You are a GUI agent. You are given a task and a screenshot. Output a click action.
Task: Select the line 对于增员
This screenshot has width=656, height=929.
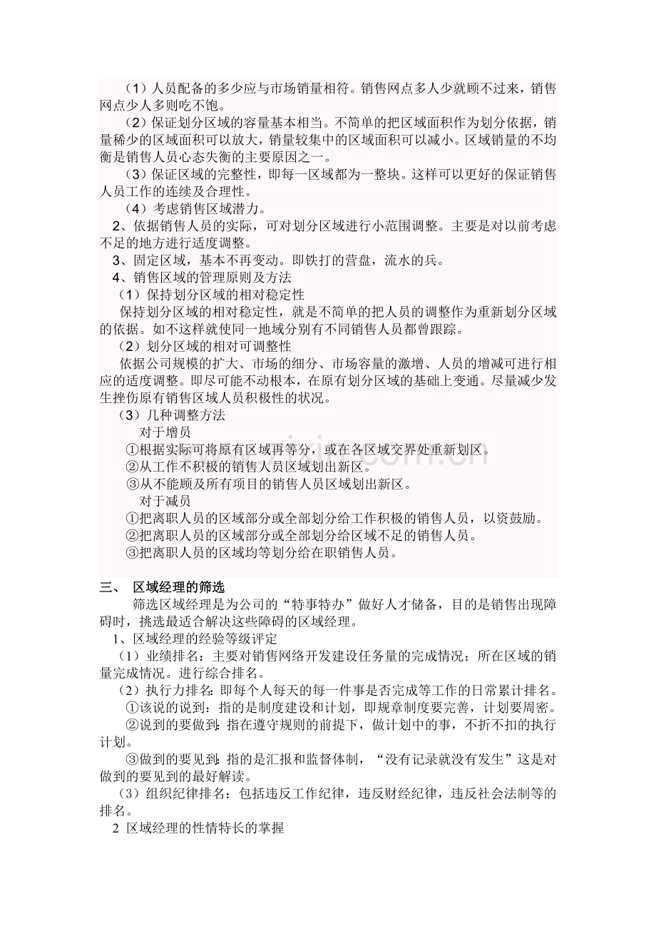pos(165,432)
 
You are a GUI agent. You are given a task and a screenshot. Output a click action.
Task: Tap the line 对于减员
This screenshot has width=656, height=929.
pos(165,502)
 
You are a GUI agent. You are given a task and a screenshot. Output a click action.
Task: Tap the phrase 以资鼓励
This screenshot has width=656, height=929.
pos(518,519)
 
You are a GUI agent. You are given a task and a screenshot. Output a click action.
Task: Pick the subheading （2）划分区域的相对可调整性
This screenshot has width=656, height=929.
pos(205,347)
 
